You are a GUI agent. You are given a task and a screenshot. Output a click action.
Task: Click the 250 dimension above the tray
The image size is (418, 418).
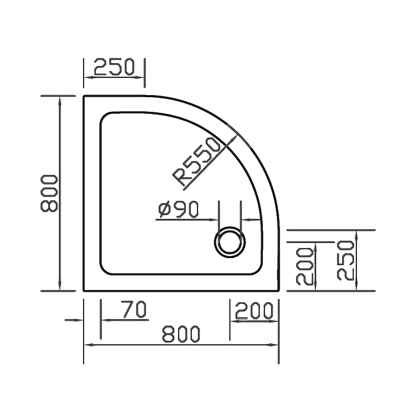coord(114,67)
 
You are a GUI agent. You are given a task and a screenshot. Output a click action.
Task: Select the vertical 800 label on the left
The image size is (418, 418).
coord(49,193)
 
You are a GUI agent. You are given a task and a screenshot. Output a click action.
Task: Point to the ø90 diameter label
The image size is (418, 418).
coord(178,210)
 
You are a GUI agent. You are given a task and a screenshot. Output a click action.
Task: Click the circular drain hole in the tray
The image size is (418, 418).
coord(229,242)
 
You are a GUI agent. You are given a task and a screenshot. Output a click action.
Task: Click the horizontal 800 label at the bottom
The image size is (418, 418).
coord(181,334)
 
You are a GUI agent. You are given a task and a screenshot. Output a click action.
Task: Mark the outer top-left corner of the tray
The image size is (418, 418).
coord(84,96)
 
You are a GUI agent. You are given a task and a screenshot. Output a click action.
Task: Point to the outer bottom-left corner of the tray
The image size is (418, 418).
coord(84,291)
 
